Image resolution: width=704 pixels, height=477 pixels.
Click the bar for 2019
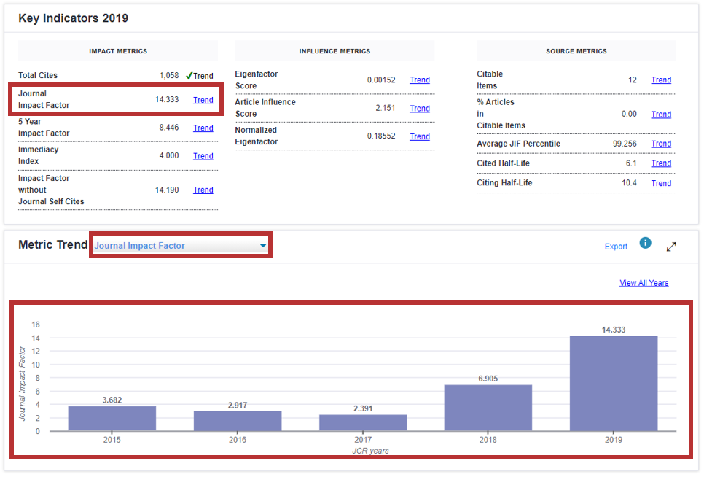pyautogui.click(x=614, y=383)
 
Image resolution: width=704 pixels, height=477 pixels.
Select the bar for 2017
pyautogui.click(x=363, y=422)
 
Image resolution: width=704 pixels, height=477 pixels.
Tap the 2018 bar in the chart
pyautogui.click(x=488, y=407)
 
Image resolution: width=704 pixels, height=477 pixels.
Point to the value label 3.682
pyautogui.click(x=112, y=400)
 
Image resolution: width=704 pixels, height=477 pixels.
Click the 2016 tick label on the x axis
pyautogui.click(x=238, y=440)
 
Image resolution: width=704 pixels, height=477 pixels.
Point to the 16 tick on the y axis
pyautogui.click(x=36, y=325)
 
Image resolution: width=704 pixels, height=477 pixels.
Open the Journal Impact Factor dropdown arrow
pyautogui.click(x=263, y=246)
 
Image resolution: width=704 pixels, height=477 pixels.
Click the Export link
pyautogui.click(x=616, y=247)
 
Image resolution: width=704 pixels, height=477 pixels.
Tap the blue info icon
pyautogui.click(x=645, y=243)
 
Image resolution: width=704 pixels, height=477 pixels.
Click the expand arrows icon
pyautogui.click(x=671, y=247)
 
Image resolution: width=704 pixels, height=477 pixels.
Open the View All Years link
pyautogui.click(x=644, y=283)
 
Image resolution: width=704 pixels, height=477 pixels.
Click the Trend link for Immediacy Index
pyautogui.click(x=203, y=156)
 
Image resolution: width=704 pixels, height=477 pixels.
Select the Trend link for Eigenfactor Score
pyautogui.click(x=420, y=80)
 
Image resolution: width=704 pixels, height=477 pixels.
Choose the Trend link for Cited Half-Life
pyautogui.click(x=661, y=163)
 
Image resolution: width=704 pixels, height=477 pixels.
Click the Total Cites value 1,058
pyautogui.click(x=169, y=75)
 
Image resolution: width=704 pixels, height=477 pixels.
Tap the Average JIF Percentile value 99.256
pyautogui.click(x=625, y=144)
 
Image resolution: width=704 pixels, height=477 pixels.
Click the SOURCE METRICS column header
pyautogui.click(x=576, y=51)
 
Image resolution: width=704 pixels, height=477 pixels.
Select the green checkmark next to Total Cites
pyautogui.click(x=189, y=75)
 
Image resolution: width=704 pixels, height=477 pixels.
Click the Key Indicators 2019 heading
pyautogui.click(x=73, y=18)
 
